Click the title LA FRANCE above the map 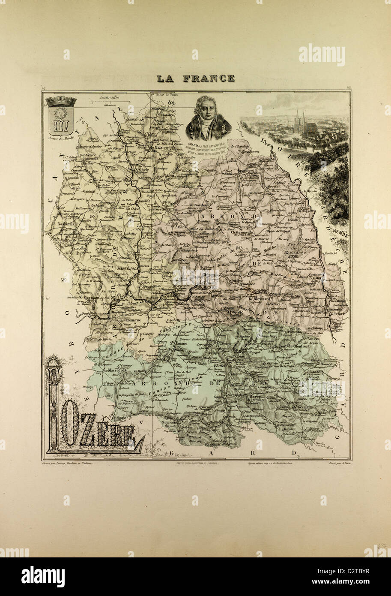(x=195, y=78)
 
